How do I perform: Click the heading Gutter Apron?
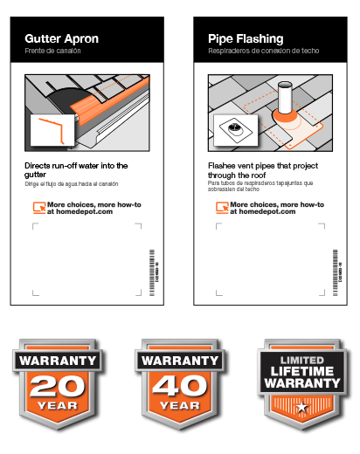pyautogui.click(x=61, y=39)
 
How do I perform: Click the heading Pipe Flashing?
pyautogui.click(x=246, y=39)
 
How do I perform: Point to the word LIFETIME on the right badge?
pyautogui.click(x=301, y=372)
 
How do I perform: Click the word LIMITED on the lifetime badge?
pyautogui.click(x=301, y=360)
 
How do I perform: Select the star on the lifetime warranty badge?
pyautogui.click(x=301, y=408)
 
